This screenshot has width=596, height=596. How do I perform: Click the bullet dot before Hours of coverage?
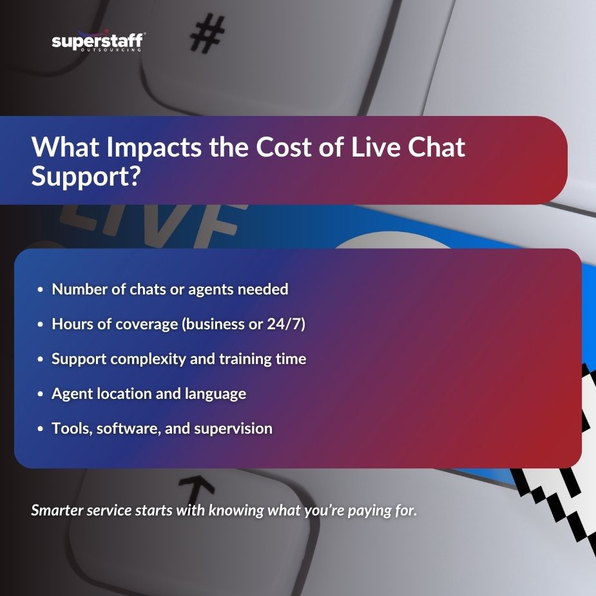pyautogui.click(x=40, y=324)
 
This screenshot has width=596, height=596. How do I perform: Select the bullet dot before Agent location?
pyautogui.click(x=40, y=394)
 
